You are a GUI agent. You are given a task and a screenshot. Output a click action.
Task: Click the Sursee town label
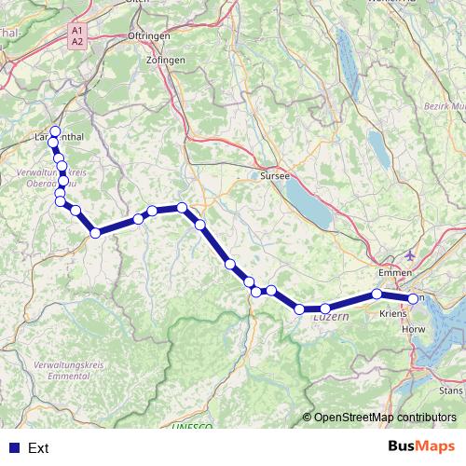click(276, 175)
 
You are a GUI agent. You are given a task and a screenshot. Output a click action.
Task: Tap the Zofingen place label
click(166, 60)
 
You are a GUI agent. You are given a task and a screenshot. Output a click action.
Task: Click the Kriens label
click(393, 315)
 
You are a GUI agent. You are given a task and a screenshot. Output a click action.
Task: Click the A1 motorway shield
click(76, 31)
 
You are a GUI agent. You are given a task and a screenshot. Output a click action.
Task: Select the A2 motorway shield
click(76, 42)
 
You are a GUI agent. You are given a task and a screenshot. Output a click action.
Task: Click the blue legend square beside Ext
click(12, 448)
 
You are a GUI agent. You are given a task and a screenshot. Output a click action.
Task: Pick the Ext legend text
click(38, 448)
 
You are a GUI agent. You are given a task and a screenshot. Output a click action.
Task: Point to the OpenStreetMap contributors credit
click(383, 418)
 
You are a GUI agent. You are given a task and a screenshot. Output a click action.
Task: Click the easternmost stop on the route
click(413, 298)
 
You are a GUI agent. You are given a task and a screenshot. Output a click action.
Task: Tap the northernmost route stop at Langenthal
click(55, 131)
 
